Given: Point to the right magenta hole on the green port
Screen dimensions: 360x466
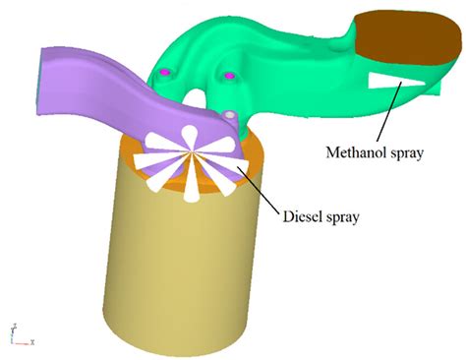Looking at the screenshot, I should click(x=229, y=75).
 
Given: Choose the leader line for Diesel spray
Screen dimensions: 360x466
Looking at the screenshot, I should click(x=259, y=187).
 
